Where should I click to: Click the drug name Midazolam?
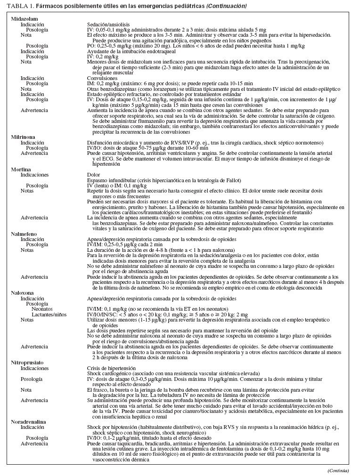24,18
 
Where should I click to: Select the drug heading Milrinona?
24,137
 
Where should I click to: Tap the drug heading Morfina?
21,169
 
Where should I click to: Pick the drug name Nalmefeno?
24,234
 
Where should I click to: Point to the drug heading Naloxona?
23,292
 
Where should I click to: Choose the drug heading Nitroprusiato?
26,363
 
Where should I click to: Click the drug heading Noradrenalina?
28,422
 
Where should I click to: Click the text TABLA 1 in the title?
17,6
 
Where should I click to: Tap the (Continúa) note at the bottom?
338,471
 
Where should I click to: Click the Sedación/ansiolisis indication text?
108,24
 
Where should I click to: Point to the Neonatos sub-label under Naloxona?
42,309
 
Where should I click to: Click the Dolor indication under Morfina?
93,174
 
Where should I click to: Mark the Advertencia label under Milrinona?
34,153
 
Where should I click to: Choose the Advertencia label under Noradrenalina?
34,444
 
